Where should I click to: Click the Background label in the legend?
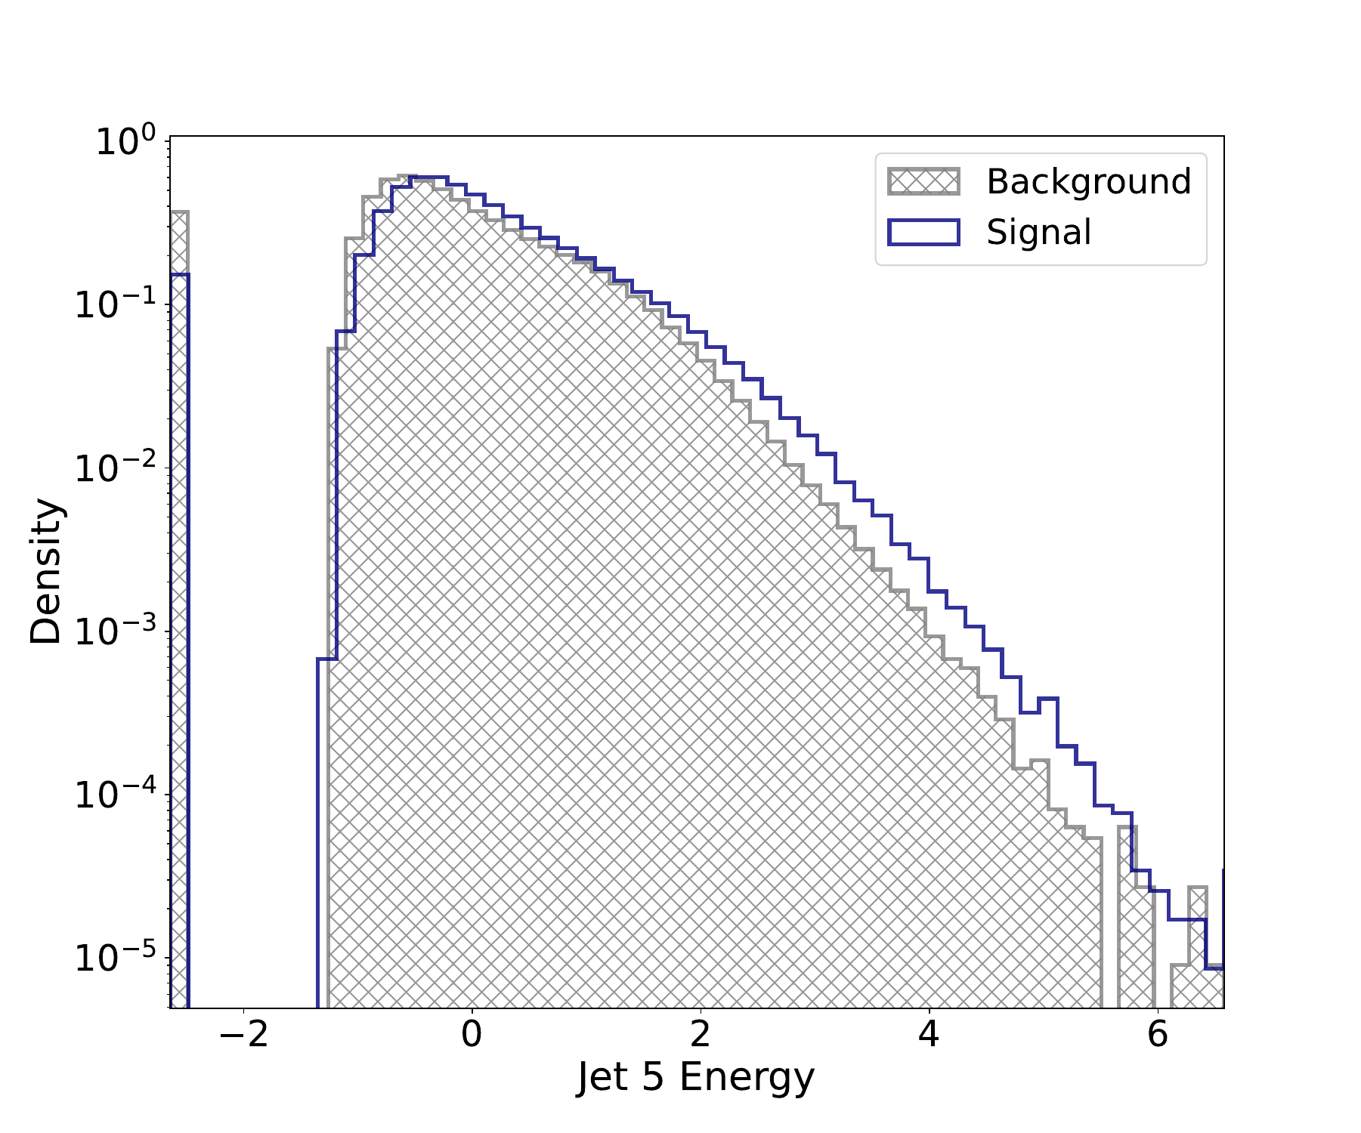click(x=1088, y=182)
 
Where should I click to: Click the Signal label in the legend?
click(x=1038, y=232)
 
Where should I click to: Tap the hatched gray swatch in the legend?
click(x=923, y=182)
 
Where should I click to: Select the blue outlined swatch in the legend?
click(x=923, y=232)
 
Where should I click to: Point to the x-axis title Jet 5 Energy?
click(x=695, y=1077)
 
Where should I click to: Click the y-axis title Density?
click(x=46, y=571)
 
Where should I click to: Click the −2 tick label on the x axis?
click(x=243, y=1034)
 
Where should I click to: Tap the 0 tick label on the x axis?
click(x=472, y=1034)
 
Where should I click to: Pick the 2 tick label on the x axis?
click(x=701, y=1034)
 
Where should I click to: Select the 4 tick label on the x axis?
click(x=929, y=1034)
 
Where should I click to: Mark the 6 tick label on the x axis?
click(x=1157, y=1034)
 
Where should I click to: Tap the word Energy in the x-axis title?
click(x=747, y=1079)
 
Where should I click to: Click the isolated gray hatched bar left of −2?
click(x=179, y=604)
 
